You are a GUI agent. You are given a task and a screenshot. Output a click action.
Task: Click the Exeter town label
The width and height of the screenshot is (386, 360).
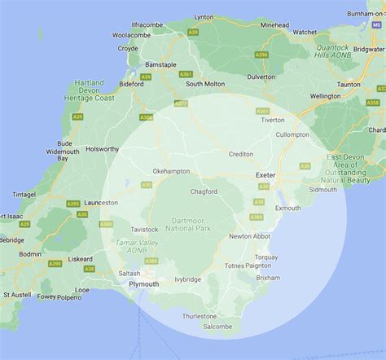tap(266, 175)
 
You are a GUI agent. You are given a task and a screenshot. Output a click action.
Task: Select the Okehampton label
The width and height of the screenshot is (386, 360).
tap(171, 171)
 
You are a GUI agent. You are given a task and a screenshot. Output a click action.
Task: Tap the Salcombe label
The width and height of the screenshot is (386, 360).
tap(217, 327)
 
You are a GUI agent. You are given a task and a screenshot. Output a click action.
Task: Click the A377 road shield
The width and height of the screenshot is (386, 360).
tap(181, 103)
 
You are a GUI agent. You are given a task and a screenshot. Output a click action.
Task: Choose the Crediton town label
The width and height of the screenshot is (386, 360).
tap(240, 153)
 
